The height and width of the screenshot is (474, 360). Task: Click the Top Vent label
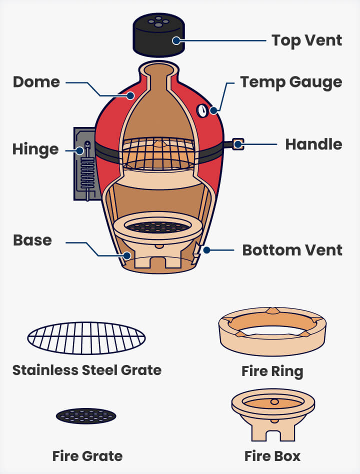[x=306, y=40]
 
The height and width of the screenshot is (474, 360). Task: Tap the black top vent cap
[x=158, y=36]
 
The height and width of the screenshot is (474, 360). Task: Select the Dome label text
[x=36, y=82]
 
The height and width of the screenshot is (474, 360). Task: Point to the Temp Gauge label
[x=291, y=82]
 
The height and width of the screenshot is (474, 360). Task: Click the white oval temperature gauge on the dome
[x=202, y=111]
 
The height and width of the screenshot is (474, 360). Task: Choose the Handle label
[x=313, y=144]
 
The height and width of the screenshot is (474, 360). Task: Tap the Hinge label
[x=35, y=149]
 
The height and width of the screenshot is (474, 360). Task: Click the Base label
[x=32, y=240]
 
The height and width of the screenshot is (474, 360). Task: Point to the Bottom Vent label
[x=292, y=249]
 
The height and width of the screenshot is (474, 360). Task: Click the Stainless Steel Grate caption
[x=87, y=370]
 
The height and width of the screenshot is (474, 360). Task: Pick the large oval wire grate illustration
[x=86, y=338]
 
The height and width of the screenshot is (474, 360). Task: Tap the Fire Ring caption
[x=272, y=371]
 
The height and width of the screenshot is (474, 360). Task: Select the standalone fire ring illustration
[x=272, y=331]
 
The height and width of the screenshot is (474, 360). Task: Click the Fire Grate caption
[x=87, y=455]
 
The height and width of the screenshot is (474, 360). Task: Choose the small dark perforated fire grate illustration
[x=86, y=415]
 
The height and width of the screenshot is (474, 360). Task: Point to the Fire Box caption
[x=272, y=456]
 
